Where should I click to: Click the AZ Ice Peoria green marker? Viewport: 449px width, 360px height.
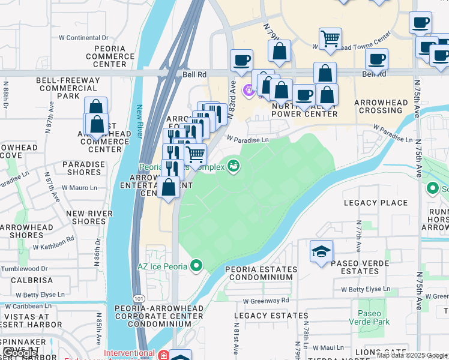196,265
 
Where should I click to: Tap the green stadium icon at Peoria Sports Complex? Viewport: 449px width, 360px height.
234,166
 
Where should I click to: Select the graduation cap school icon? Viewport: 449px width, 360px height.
321,251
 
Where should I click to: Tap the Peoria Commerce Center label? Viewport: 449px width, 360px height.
110,56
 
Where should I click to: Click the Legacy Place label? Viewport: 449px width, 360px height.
375,203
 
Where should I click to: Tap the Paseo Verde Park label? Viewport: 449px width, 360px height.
373,318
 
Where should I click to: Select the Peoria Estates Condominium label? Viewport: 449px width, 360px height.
259,273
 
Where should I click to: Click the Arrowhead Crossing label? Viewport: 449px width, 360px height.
381,106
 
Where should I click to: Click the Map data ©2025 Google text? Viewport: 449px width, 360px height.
412,355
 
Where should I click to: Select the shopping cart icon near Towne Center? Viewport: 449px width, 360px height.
330,39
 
